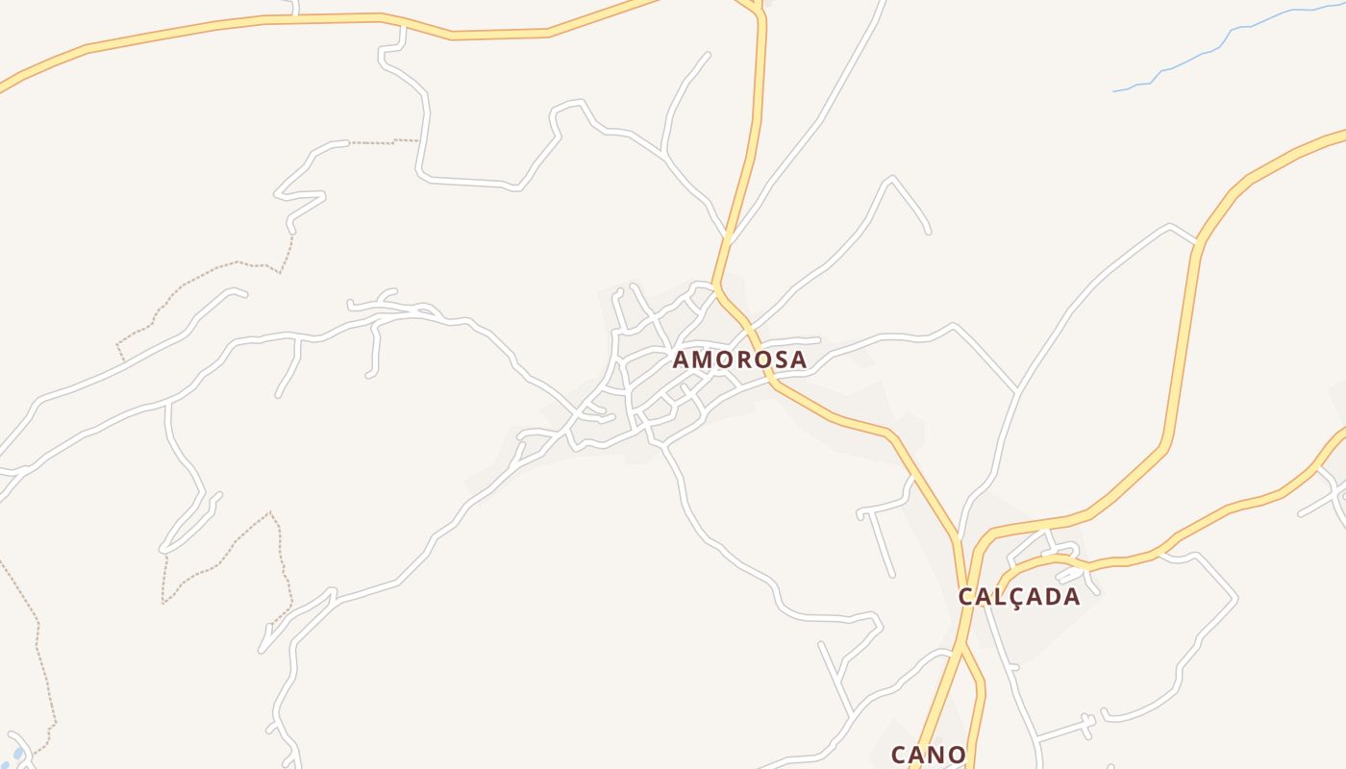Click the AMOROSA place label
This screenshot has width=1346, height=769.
(739, 360)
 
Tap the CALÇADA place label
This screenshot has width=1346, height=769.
(1019, 596)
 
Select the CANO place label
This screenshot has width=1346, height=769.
(928, 755)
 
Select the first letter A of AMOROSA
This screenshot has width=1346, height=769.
(682, 360)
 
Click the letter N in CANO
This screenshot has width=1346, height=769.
(935, 755)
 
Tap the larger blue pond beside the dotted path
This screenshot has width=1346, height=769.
(17, 754)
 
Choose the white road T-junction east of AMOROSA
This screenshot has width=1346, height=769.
(1017, 391)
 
